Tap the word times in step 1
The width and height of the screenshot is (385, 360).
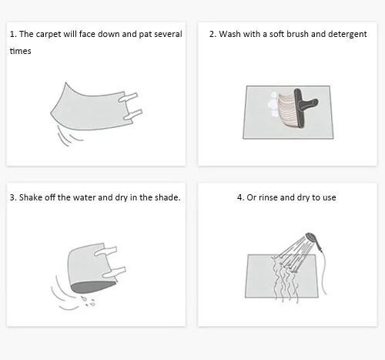20,51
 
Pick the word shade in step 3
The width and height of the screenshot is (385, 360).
167,197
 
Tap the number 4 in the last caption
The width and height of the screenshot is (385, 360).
240,197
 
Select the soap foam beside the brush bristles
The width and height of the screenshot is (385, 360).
273,105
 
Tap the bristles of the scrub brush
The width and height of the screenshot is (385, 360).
287,110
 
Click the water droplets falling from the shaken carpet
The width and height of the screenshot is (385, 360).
88,301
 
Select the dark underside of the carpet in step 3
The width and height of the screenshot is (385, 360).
93,287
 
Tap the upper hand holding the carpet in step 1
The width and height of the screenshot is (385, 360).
128,97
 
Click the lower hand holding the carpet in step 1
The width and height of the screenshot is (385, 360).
132,115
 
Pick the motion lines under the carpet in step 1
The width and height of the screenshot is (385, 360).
67,136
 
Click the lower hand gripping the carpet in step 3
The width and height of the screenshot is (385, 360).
114,272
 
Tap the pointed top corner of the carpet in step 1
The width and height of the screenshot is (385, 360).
65,82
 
